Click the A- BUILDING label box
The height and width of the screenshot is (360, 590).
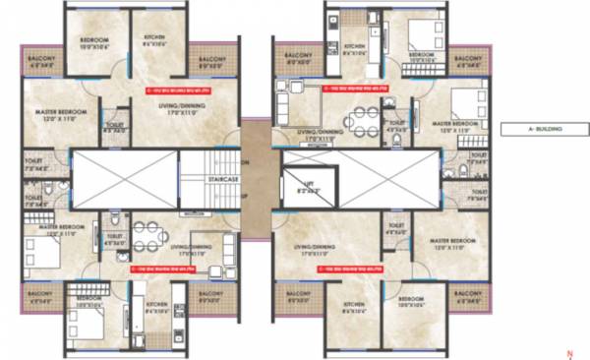pos(539,129)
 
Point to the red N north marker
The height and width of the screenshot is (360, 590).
pos(568,350)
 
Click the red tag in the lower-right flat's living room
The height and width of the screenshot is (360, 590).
pos(350,267)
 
